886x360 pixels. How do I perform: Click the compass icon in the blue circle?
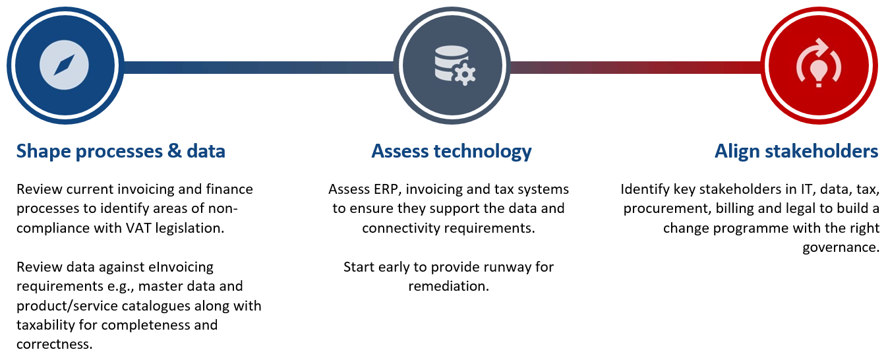click(64, 65)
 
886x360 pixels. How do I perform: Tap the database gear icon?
click(455, 65)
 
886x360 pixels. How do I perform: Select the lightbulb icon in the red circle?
click(819, 63)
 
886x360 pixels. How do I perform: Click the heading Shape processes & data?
click(121, 152)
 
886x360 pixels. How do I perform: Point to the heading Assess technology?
click(452, 152)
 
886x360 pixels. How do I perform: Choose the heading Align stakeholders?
click(796, 152)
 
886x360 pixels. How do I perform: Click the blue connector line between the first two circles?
click(258, 67)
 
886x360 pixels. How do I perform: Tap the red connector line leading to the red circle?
click(635, 67)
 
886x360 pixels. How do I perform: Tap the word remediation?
click(448, 286)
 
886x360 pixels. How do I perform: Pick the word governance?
click(841, 248)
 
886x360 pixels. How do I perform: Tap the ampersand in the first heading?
click(175, 151)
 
